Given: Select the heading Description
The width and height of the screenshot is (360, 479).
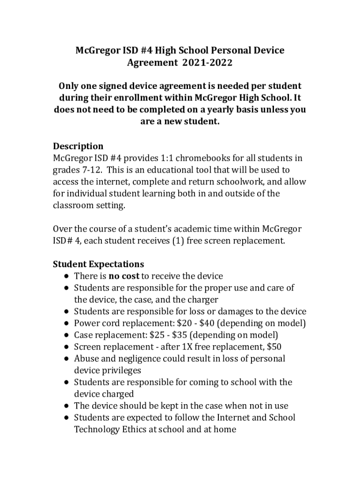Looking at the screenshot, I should click(78, 146).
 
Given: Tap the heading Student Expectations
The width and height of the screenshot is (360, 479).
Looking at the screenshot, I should click(98, 264).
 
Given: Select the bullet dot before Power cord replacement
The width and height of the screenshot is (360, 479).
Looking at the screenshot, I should click(66, 324).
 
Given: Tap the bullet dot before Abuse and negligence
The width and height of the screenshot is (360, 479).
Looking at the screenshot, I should click(66, 359).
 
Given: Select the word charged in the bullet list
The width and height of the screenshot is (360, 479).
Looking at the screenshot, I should click(118, 394).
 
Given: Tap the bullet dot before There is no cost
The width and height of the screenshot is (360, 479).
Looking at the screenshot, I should click(66, 276).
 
